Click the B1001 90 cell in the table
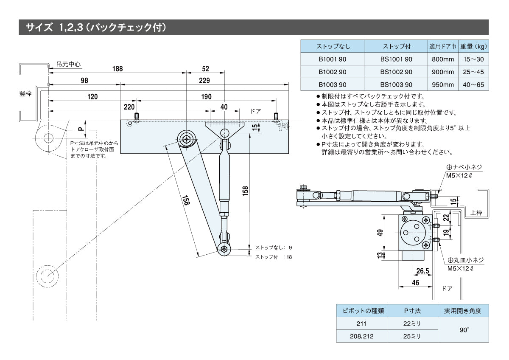click(333, 60)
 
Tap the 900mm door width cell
click(442, 72)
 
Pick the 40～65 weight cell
click(473, 85)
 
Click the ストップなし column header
click(333, 46)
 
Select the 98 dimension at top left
click(84, 80)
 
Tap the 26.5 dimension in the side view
click(422, 270)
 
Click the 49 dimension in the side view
click(380, 232)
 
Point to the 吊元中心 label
click(68, 65)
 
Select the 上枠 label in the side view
click(477, 212)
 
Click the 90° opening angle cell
click(463, 330)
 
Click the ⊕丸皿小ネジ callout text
click(465, 260)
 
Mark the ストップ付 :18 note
click(273, 257)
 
